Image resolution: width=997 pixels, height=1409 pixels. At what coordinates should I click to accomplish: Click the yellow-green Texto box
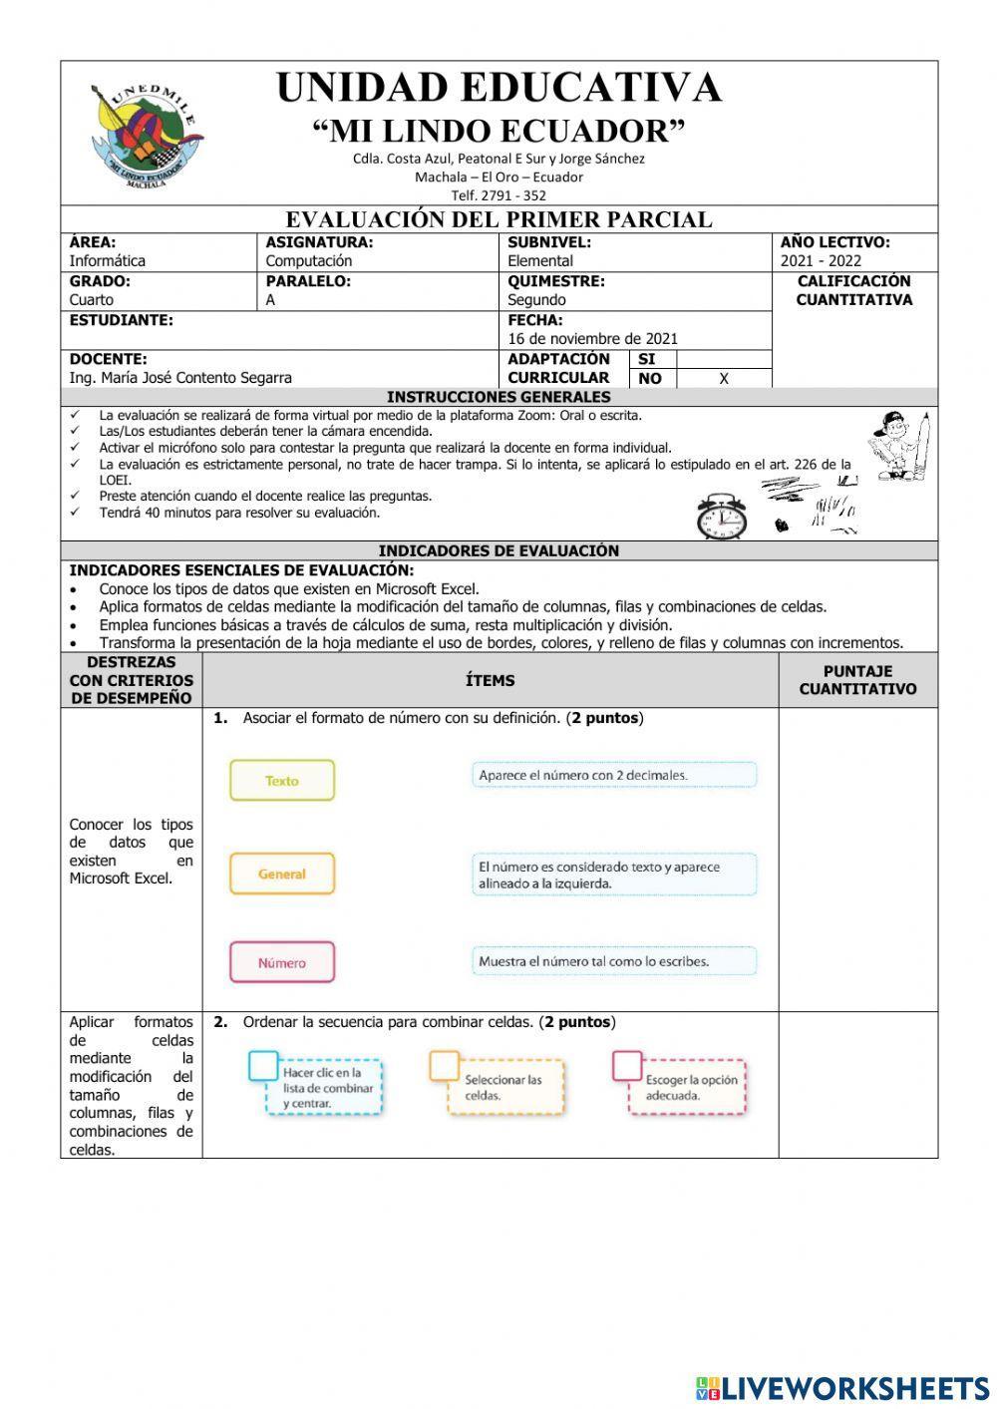click(282, 781)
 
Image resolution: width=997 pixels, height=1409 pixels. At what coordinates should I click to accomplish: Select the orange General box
click(282, 874)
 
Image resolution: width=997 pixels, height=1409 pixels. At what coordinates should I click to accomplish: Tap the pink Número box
click(282, 962)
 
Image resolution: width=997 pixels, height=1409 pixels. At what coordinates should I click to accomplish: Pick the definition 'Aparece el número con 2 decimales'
click(614, 775)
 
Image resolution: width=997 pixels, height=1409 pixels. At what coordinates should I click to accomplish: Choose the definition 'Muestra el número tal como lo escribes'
click(614, 961)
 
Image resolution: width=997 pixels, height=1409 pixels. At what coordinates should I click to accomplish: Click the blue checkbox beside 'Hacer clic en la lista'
click(263, 1066)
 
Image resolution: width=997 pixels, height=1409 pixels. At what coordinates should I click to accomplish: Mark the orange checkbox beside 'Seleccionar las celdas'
click(445, 1066)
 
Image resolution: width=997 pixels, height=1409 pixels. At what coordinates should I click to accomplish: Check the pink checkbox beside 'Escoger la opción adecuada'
click(627, 1066)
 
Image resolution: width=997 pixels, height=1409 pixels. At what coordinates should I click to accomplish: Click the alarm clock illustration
click(721, 517)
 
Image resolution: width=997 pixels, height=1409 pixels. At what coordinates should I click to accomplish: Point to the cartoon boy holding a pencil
click(900, 445)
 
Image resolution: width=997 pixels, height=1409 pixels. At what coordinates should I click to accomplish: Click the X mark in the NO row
click(724, 379)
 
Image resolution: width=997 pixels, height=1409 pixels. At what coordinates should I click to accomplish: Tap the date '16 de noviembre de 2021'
click(592, 339)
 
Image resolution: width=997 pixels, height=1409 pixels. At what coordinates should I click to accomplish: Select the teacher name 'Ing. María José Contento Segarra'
click(180, 378)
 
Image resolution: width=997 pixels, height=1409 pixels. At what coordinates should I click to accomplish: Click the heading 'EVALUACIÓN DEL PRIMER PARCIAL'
click(498, 219)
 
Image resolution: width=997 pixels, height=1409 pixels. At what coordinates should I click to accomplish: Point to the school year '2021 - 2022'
click(821, 261)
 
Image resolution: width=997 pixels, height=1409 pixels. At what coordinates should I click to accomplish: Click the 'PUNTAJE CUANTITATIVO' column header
click(857, 680)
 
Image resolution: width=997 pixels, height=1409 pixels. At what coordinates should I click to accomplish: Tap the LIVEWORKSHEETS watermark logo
click(842, 1387)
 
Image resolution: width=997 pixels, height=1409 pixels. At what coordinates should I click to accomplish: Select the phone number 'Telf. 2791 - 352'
click(498, 195)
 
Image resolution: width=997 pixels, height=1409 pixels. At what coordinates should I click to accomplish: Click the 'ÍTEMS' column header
click(490, 680)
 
